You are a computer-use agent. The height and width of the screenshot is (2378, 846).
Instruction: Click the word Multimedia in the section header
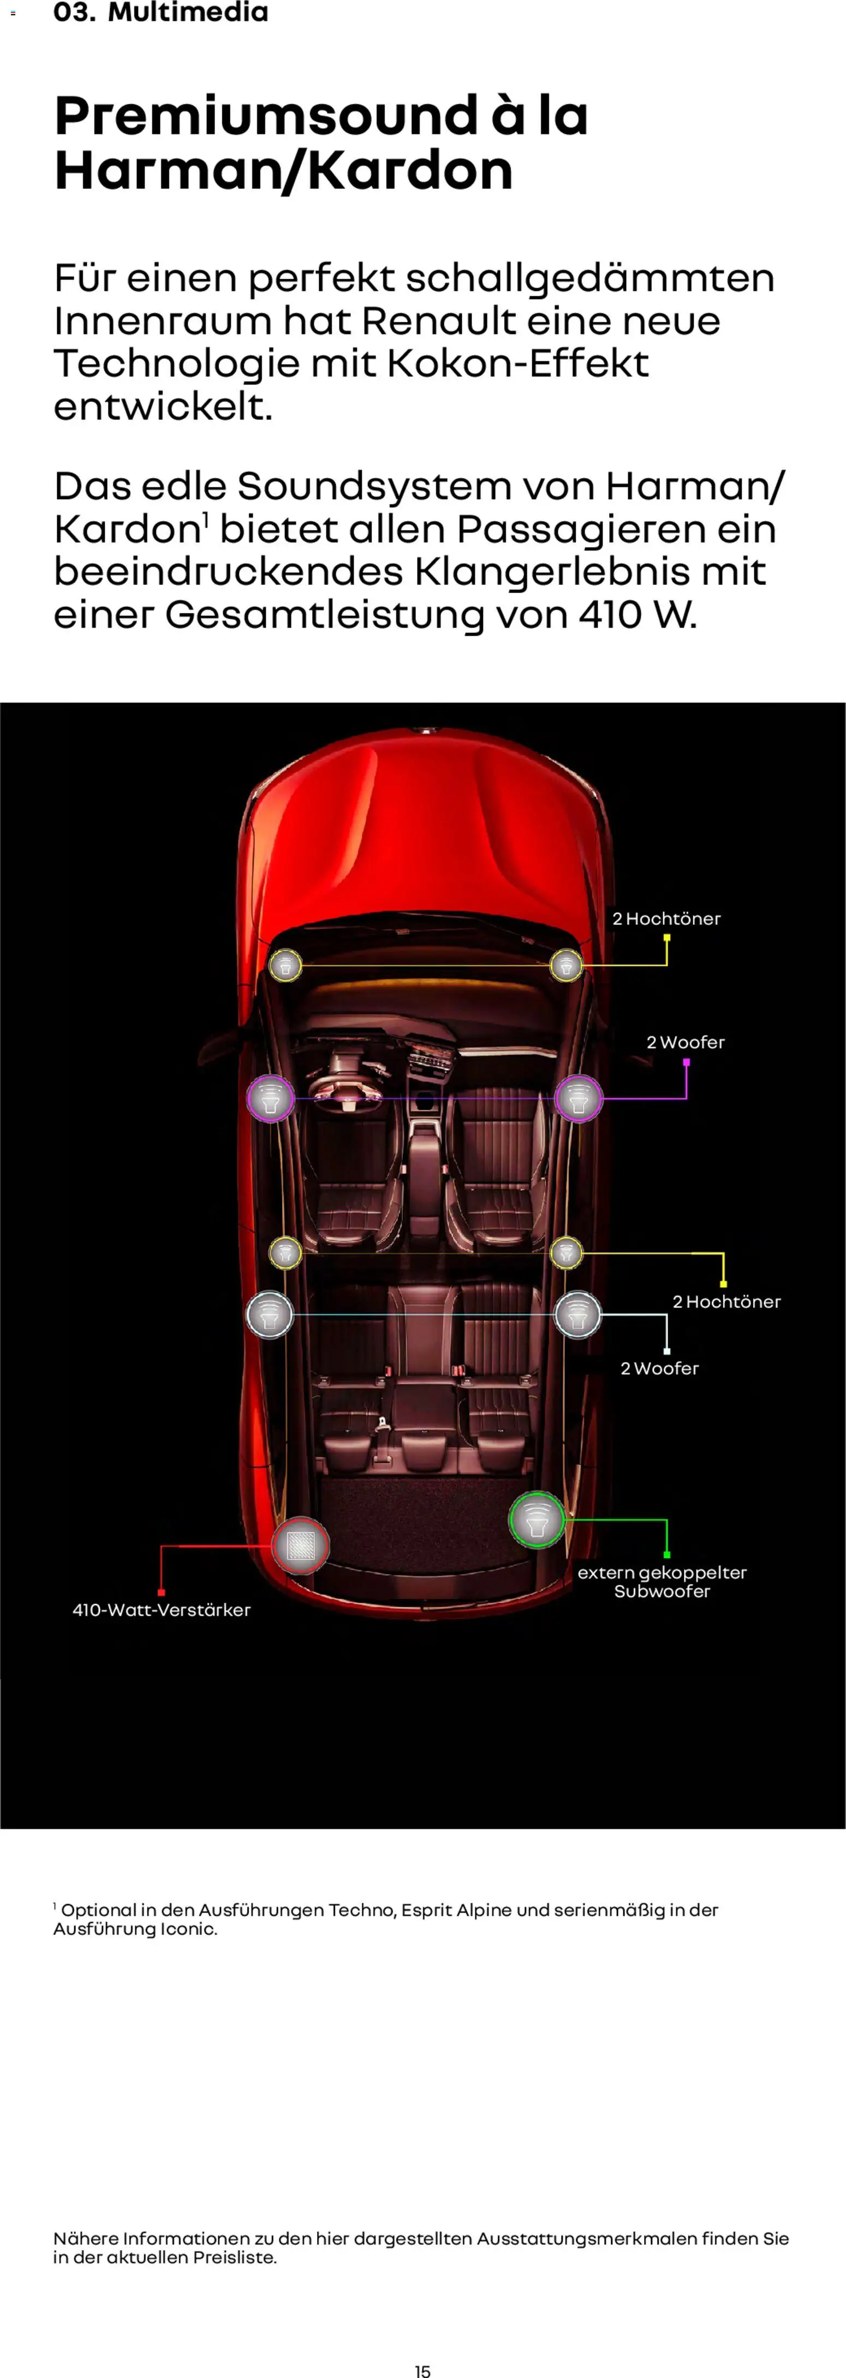pos(188,13)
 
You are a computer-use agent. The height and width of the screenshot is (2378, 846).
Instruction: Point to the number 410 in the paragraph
pos(610,614)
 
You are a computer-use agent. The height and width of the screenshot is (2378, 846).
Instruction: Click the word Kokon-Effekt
pos(517,364)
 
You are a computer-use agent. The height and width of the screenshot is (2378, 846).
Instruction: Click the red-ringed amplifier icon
pos(300,1544)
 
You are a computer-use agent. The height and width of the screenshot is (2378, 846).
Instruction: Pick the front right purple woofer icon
pos(578,1098)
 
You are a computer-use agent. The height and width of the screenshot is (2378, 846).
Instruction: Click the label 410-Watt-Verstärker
pos(162,1610)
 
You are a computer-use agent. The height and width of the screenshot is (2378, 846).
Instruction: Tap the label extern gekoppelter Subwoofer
pos(662,1581)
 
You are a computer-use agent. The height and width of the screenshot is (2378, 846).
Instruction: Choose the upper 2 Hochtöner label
pos(666,918)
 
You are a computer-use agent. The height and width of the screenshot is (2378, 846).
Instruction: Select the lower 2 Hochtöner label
pos(726,1301)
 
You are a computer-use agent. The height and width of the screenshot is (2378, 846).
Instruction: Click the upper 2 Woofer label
pos(686,1042)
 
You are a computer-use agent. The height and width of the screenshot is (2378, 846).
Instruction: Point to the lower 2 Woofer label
pos(659,1368)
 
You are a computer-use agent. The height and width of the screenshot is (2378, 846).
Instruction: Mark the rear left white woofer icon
pos(270,1315)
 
